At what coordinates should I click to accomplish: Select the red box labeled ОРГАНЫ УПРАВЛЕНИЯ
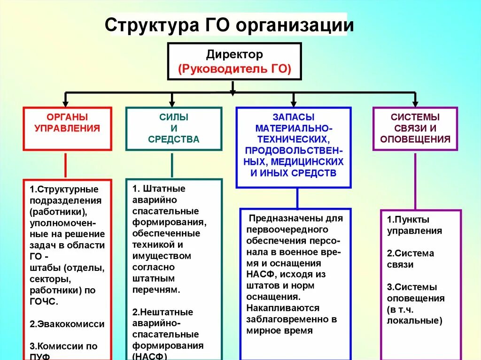pos(67,128)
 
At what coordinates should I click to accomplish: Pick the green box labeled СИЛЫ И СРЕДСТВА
pos(174,128)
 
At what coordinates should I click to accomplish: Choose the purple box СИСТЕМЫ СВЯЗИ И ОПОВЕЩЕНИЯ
pos(415,128)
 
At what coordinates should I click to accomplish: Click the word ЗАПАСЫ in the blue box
pos(294,117)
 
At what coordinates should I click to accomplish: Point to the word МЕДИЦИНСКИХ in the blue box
pos(313,161)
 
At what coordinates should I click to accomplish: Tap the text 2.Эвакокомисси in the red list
pos(67,324)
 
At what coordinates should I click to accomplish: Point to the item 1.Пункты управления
pos(414,225)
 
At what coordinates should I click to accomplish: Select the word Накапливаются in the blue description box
pos(283,308)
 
